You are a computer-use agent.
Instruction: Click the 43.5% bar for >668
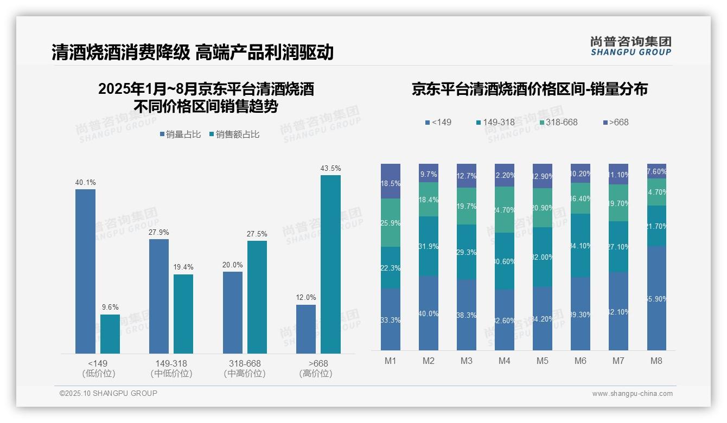(330, 264)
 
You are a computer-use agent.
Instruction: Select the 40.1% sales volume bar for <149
(85, 271)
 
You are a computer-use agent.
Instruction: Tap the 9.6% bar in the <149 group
(110, 334)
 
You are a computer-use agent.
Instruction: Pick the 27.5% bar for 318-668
(257, 297)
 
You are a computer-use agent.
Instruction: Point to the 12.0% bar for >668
(305, 329)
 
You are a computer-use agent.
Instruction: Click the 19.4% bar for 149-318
(183, 314)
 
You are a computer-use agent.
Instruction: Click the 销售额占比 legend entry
(234, 134)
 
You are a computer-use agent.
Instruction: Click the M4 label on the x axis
(504, 361)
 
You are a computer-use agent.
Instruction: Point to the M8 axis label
(656, 361)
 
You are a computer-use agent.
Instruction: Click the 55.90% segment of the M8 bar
(656, 298)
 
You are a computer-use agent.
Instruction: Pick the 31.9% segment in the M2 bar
(429, 246)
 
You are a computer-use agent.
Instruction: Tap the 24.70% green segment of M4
(505, 209)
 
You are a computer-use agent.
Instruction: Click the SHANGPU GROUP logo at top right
(630, 46)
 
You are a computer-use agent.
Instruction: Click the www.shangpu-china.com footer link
(632, 394)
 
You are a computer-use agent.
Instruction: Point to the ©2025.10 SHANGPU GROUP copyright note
(109, 393)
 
